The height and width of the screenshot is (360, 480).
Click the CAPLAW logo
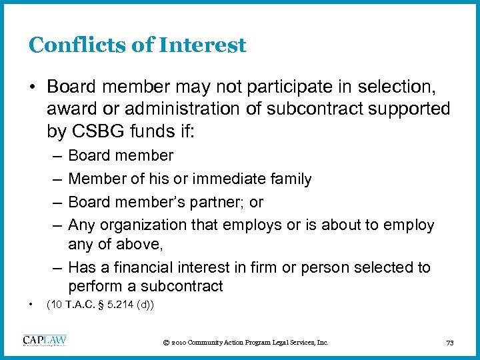[x=45, y=341]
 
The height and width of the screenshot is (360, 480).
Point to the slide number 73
[x=449, y=343]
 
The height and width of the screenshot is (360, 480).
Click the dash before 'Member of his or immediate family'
[x=56, y=179]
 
